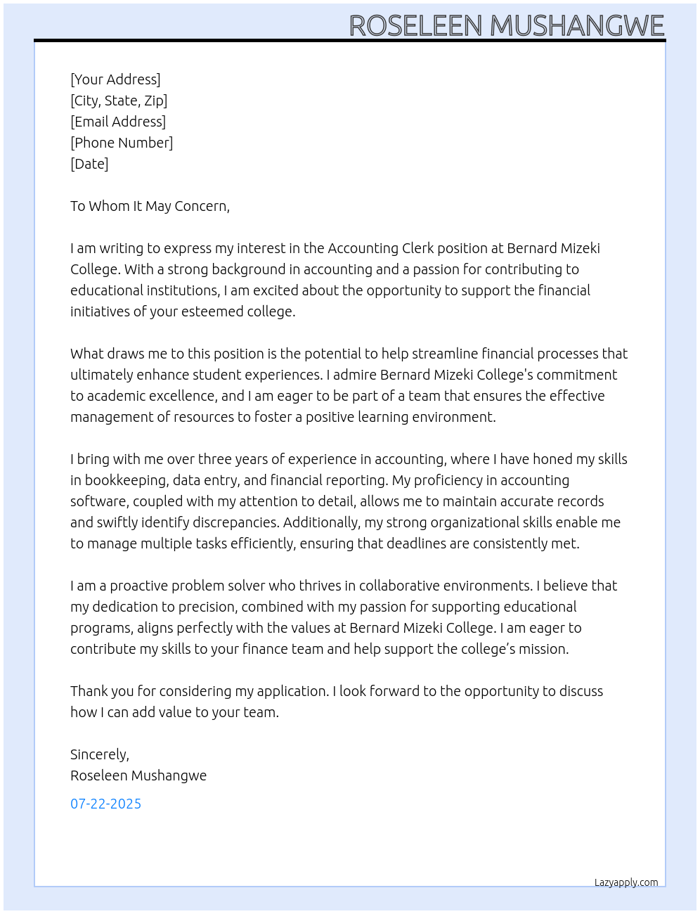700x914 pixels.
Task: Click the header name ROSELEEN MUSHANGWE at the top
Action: pos(506,26)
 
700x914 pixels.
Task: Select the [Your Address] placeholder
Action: pos(115,79)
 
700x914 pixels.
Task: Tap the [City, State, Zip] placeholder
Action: pos(119,101)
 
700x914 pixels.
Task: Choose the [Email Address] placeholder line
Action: pos(118,122)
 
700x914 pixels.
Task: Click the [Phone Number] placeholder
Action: pos(122,143)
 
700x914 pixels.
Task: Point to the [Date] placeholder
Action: pos(89,164)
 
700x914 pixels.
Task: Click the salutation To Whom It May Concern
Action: pos(150,206)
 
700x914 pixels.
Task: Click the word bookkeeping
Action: pos(125,480)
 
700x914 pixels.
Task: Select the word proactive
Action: pos(138,586)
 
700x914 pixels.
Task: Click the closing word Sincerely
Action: pos(98,754)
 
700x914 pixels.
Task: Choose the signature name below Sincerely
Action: pos(138,775)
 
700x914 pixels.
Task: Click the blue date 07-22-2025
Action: pos(105,804)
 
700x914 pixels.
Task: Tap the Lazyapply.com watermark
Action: pos(626,882)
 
